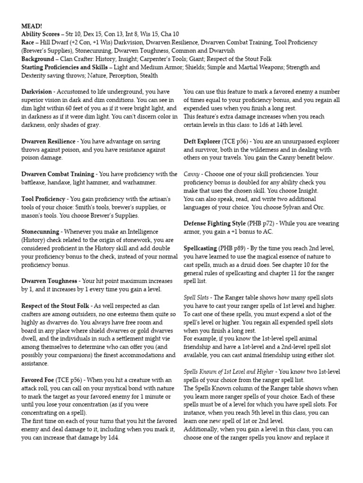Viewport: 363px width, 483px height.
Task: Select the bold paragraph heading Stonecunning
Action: point(40,232)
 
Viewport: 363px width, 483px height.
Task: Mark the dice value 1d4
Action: point(114,438)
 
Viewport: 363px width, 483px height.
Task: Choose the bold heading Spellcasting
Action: point(200,248)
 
